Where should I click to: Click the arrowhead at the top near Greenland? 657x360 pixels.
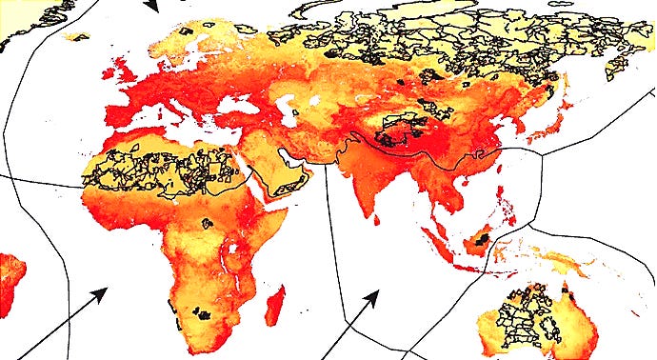150,7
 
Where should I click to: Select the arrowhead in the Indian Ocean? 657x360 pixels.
370,299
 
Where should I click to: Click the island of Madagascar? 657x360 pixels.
276,307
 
